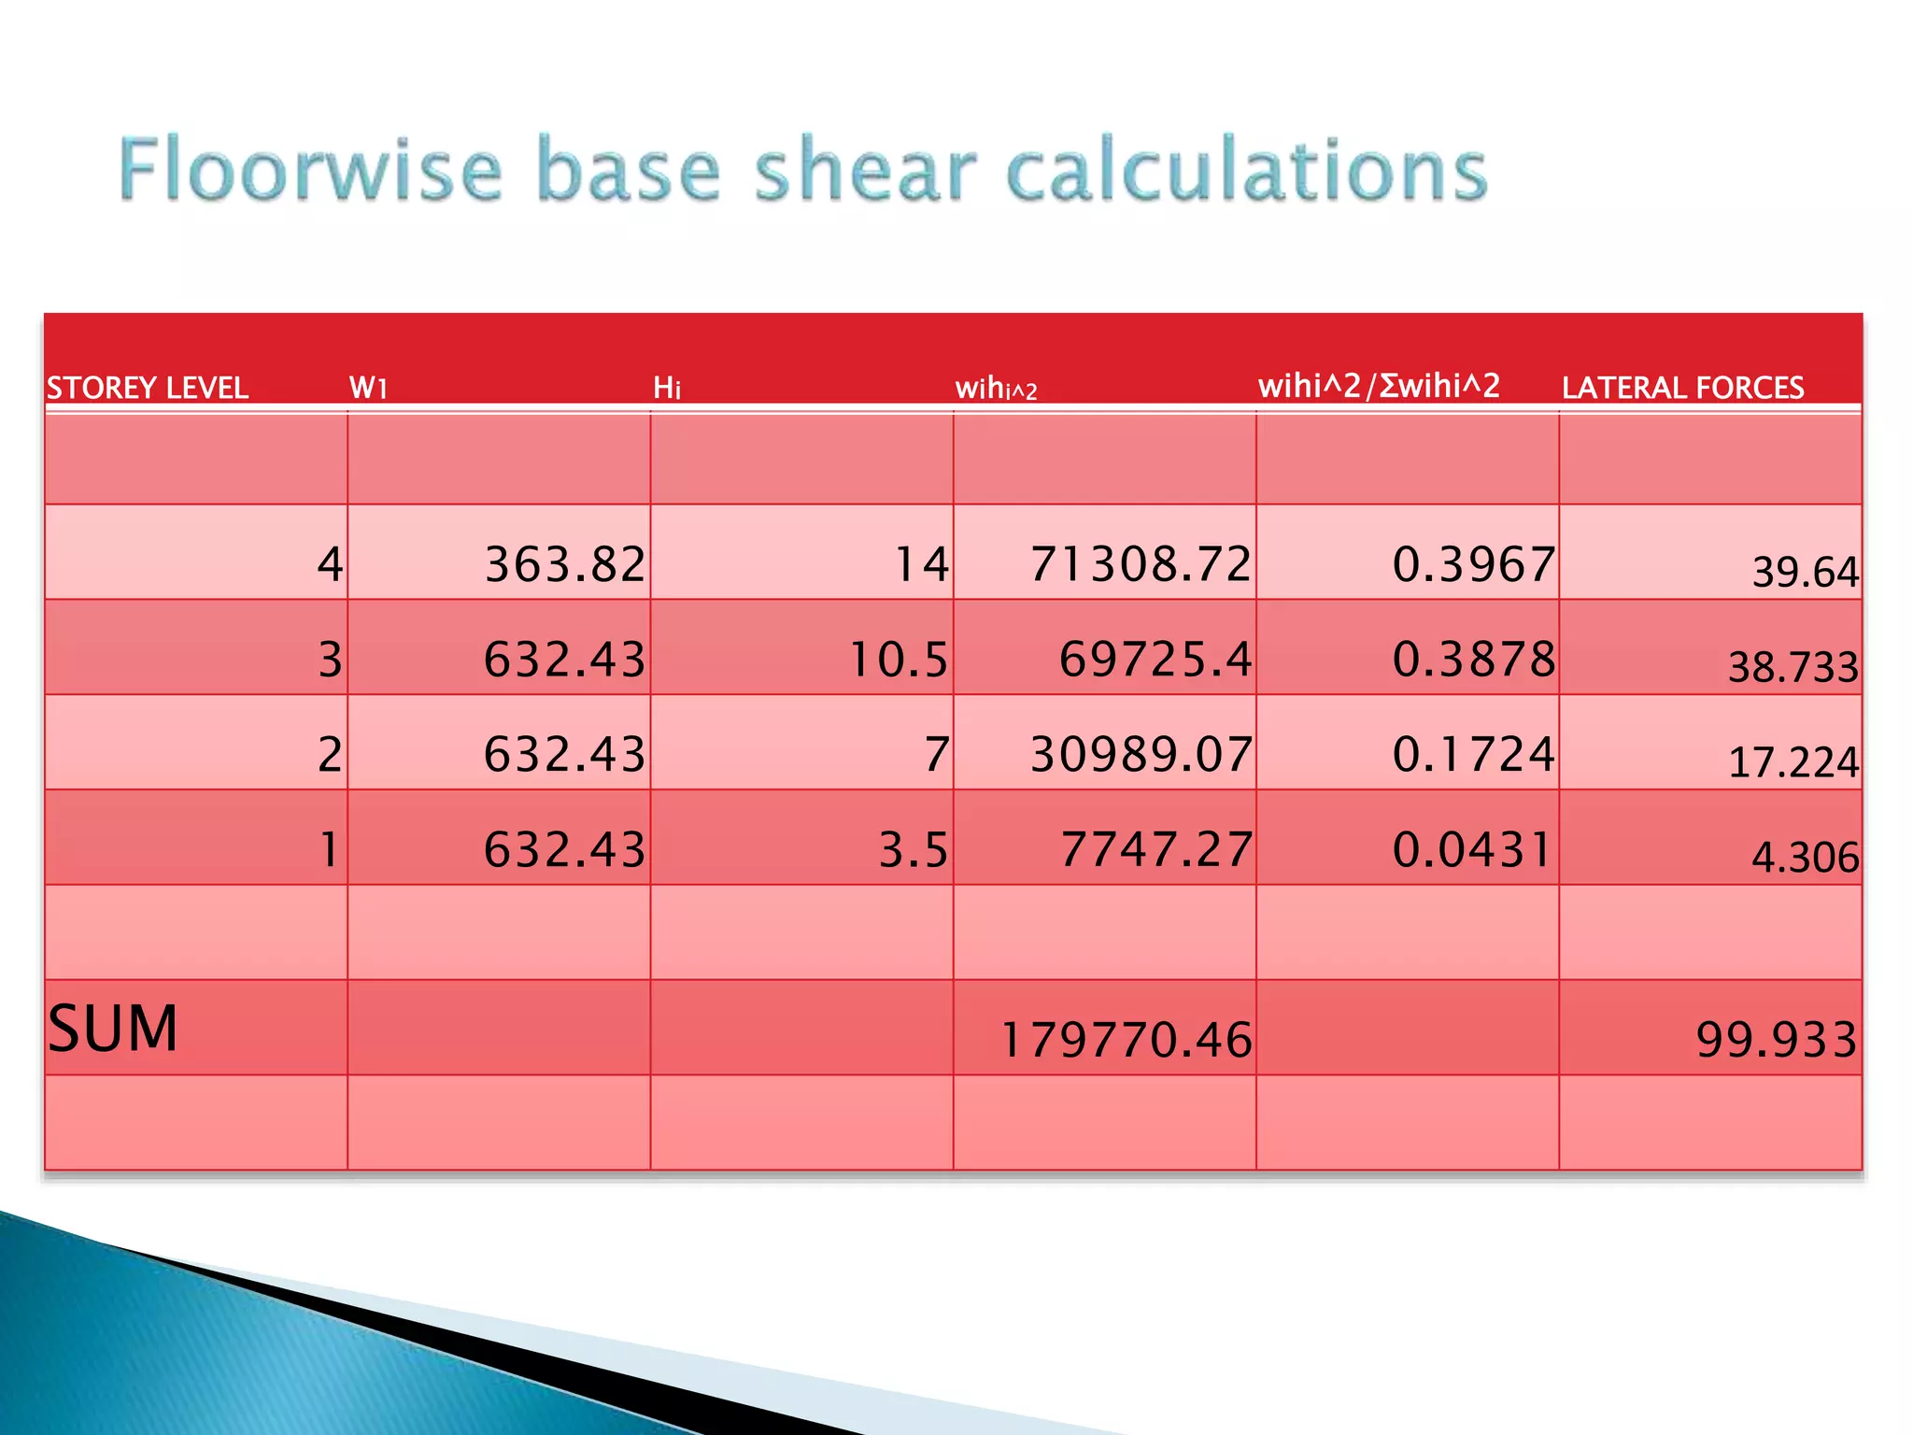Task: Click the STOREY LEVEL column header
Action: click(x=148, y=388)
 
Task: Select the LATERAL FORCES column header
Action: click(x=1682, y=388)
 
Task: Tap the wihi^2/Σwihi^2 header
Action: click(x=1379, y=386)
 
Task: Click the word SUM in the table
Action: click(x=112, y=1030)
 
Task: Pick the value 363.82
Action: click(x=565, y=564)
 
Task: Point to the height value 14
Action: click(x=921, y=564)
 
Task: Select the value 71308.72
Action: click(x=1141, y=564)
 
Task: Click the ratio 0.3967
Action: click(x=1474, y=564)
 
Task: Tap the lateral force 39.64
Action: click(x=1805, y=572)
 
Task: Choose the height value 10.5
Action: click(x=899, y=660)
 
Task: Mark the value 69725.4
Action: click(x=1155, y=660)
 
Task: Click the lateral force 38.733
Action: click(x=1793, y=667)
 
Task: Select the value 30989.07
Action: click(x=1141, y=754)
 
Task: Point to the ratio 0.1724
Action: click(x=1474, y=754)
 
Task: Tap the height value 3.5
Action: click(x=914, y=849)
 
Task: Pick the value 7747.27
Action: click(x=1155, y=849)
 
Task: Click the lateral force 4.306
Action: click(x=1805, y=857)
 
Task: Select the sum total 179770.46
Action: click(x=1126, y=1040)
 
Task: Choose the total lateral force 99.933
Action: click(x=1777, y=1040)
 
